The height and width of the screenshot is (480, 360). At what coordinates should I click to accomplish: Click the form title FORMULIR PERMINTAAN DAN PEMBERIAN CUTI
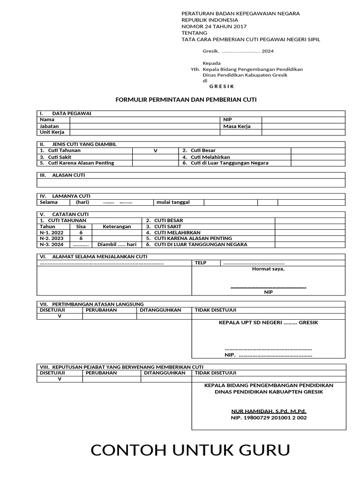click(x=186, y=100)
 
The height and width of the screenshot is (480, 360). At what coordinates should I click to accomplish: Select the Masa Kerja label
click(x=237, y=126)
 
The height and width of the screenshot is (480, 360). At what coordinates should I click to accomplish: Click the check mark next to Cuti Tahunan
click(x=155, y=150)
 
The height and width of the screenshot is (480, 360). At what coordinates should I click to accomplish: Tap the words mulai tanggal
click(x=173, y=202)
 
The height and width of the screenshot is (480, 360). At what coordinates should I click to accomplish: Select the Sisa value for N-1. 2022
click(x=81, y=232)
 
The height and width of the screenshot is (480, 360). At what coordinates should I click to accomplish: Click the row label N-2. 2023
click(x=51, y=239)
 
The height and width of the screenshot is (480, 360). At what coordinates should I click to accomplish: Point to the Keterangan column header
click(x=117, y=226)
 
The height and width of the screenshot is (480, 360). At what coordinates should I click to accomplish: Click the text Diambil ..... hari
click(x=117, y=245)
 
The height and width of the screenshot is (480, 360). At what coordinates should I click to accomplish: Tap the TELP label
click(x=200, y=263)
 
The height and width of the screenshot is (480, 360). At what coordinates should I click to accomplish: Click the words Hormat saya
click(x=268, y=269)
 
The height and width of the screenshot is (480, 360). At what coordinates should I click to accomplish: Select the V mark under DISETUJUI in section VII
click(x=60, y=316)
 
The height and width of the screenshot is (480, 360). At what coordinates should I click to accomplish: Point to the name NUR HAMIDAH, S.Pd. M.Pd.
click(x=269, y=411)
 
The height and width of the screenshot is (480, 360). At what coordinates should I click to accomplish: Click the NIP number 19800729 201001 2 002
click(x=269, y=418)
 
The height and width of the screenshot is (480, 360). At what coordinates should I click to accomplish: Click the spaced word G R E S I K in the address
click(x=221, y=87)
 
